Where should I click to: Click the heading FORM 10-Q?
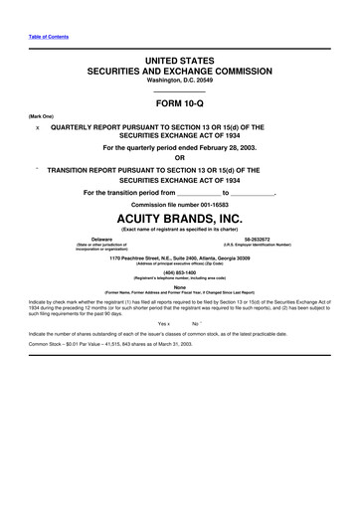click(x=179, y=101)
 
